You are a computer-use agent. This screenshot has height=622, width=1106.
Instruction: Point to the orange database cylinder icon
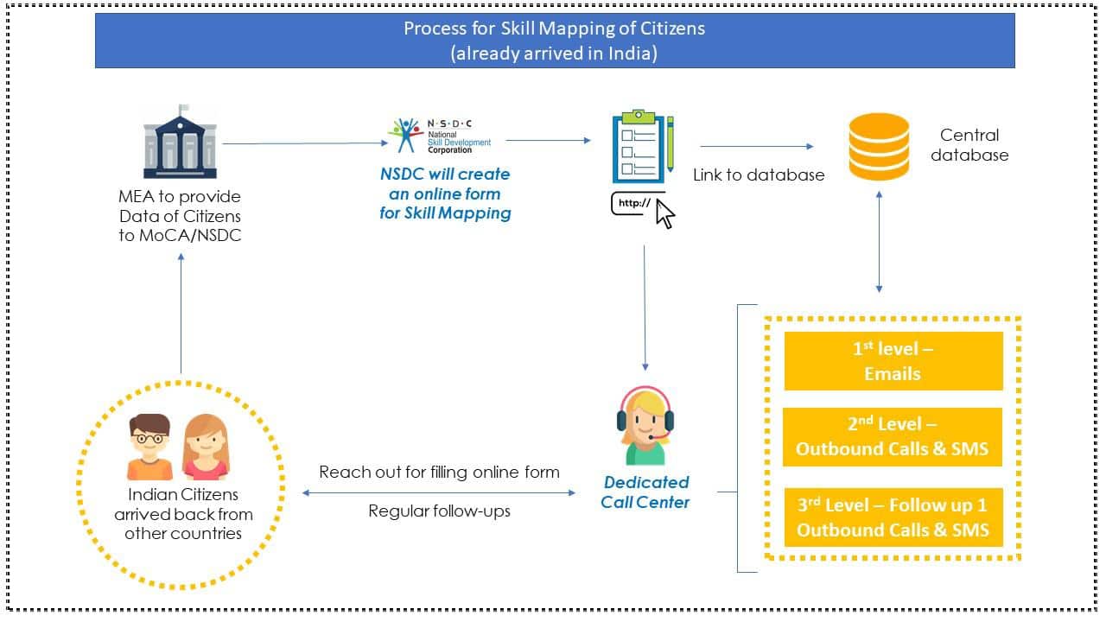(879, 146)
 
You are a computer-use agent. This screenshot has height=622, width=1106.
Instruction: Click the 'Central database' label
(969, 145)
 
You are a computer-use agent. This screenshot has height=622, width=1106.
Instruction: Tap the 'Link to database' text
(759, 175)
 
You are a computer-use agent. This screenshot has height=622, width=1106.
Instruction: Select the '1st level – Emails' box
(893, 361)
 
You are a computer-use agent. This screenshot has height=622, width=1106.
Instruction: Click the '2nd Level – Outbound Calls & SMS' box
(893, 436)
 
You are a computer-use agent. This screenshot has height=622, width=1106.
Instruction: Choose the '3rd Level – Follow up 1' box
(893, 517)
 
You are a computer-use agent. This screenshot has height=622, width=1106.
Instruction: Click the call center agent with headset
(645, 425)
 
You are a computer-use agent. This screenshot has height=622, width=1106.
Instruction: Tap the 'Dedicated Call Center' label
(645, 492)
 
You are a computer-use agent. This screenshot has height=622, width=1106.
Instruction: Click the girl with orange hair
(206, 447)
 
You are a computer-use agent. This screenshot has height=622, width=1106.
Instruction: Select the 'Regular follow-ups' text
(439, 511)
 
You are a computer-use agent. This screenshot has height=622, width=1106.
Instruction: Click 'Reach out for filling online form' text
(439, 472)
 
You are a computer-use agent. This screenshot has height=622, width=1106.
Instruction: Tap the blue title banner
(554, 40)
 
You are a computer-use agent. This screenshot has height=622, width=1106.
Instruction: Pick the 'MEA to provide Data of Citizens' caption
(180, 215)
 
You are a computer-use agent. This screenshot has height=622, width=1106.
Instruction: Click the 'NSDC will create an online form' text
(445, 194)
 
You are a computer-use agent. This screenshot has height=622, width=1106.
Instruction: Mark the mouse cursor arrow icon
(664, 213)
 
